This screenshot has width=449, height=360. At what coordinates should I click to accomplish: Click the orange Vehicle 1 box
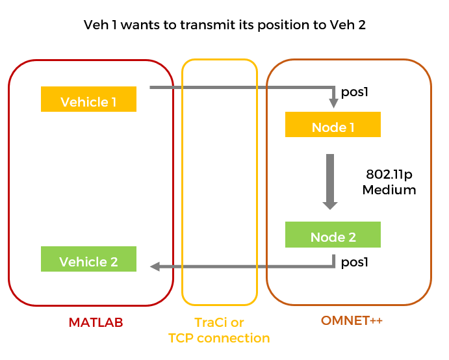88,99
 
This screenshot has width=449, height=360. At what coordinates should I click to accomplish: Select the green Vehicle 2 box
88,259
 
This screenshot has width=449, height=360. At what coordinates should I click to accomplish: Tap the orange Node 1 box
333,124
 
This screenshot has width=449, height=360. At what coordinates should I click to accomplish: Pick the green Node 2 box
333,235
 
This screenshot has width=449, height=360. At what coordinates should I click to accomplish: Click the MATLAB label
96,322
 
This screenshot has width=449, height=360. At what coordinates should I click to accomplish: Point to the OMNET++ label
351,320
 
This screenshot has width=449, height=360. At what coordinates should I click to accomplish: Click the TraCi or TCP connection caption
219,330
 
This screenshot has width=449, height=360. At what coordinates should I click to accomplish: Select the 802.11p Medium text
389,183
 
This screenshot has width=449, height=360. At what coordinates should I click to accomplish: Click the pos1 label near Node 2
355,262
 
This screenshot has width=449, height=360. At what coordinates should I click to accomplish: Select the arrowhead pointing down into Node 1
333,103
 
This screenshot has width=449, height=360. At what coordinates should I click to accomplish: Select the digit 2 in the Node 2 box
352,237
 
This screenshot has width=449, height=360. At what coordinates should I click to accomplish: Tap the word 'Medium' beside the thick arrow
389,190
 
